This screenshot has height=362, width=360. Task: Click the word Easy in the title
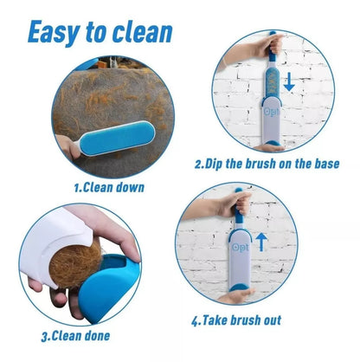[55, 32]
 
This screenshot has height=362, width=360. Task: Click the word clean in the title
[142, 31]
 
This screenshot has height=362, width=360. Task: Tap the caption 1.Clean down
[109, 188]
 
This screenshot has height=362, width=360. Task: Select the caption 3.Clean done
[75, 336]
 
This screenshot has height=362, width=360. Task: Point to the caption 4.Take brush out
[236, 320]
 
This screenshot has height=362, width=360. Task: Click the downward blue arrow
[289, 82]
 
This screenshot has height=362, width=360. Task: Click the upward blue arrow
[261, 242]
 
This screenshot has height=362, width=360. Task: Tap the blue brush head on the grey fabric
[117, 138]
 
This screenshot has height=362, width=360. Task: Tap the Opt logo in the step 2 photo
[272, 112]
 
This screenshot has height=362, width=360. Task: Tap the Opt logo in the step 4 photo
[240, 247]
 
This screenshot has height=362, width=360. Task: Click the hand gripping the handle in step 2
[270, 45]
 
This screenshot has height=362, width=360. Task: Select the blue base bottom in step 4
[240, 288]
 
